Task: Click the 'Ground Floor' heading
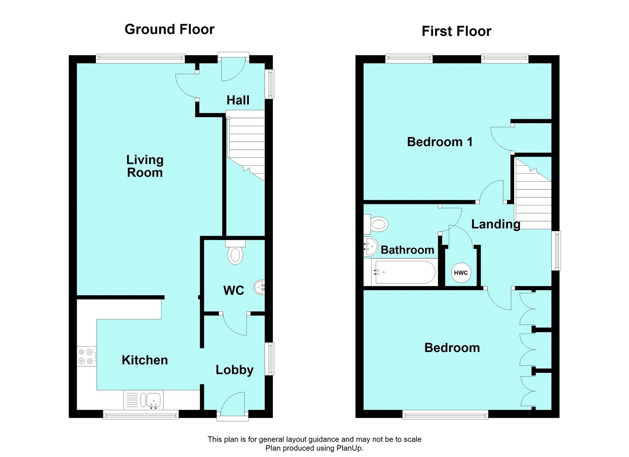point(169,29)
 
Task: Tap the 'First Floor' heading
point(456,31)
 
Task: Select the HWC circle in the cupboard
point(461,273)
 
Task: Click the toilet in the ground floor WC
point(235,252)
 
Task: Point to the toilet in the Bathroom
point(376,224)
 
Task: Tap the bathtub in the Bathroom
point(401,272)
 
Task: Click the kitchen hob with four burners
point(87,356)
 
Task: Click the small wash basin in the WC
point(259,287)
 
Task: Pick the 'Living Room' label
point(145,166)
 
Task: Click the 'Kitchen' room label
point(145,360)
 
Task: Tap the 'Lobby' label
point(234,370)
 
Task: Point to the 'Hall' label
point(238,100)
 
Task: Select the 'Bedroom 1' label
point(440,142)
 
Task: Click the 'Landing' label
point(496,224)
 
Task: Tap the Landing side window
point(556,251)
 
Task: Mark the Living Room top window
point(140,59)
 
